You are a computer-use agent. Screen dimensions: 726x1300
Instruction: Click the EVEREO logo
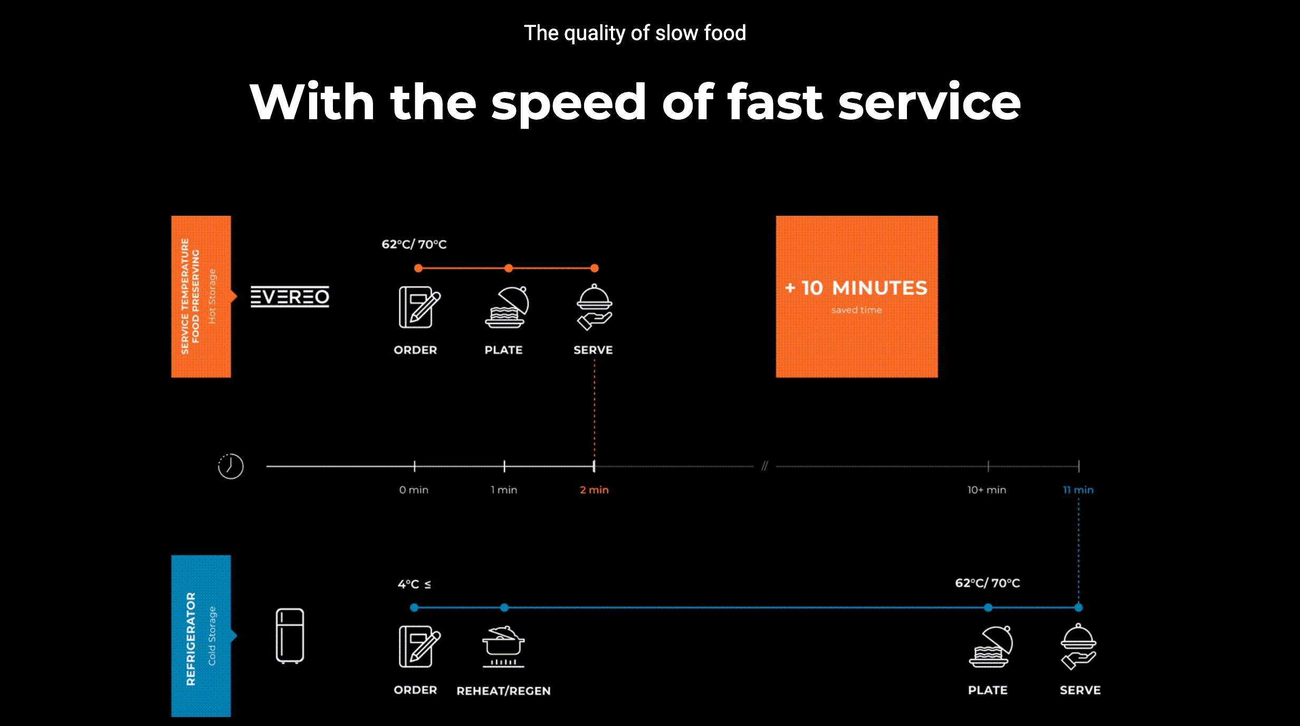(290, 297)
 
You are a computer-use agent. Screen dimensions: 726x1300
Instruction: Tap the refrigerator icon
(290, 635)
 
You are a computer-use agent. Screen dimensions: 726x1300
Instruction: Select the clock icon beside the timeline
(231, 466)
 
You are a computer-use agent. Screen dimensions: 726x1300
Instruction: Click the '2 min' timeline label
(594, 490)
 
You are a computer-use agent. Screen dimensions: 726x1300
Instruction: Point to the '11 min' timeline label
(1078, 490)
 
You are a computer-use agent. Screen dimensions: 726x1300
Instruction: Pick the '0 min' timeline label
(414, 490)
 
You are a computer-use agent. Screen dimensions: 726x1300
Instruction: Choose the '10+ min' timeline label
(987, 490)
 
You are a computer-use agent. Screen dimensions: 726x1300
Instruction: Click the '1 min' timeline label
(504, 490)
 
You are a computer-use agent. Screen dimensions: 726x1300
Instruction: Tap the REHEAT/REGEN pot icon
(503, 647)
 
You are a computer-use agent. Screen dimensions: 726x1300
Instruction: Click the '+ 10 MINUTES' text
(856, 288)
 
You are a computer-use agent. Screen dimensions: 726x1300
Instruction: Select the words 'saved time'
(856, 310)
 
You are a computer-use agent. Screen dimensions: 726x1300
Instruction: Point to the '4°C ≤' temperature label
(414, 584)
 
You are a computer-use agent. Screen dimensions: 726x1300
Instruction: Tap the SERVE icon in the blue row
(1078, 646)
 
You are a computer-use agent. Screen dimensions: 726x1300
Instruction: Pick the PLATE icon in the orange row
(506, 307)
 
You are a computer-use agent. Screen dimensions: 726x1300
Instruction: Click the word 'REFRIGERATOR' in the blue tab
(191, 638)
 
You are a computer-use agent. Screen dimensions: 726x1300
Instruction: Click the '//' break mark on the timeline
(764, 466)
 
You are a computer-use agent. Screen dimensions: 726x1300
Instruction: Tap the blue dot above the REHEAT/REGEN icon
(504, 607)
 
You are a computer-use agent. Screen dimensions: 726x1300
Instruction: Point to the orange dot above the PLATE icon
(509, 268)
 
